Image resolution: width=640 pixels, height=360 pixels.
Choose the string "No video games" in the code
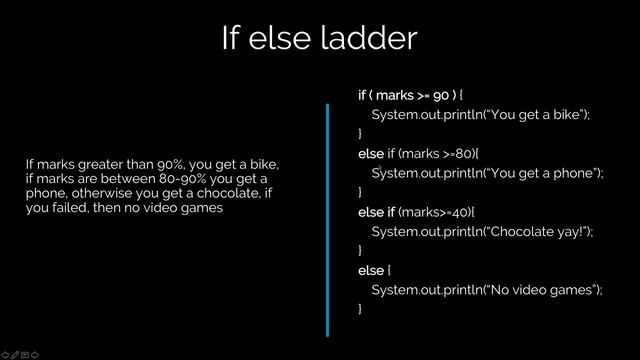[x=540, y=289]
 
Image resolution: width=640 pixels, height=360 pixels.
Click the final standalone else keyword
[x=368, y=270]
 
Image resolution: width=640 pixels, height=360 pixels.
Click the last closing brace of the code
[x=360, y=309]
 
